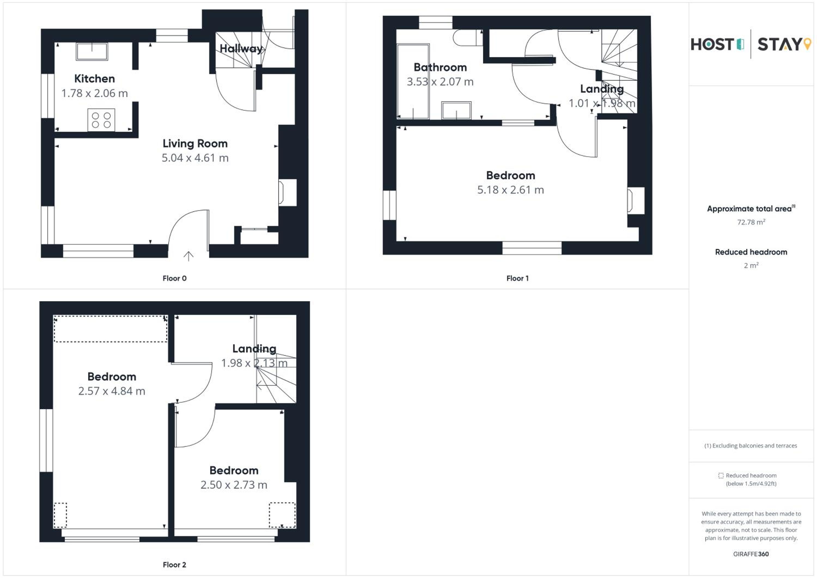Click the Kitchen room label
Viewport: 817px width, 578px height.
(x=94, y=79)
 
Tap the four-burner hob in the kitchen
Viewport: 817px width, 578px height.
(x=101, y=120)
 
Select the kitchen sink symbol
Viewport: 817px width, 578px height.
(x=92, y=51)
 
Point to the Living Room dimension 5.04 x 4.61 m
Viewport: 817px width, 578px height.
(x=195, y=158)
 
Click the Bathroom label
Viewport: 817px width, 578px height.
(x=440, y=67)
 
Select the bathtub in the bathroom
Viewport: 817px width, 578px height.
(x=413, y=81)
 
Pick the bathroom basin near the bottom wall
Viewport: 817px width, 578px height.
(x=456, y=110)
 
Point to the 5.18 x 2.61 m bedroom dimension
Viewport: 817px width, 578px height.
(x=511, y=190)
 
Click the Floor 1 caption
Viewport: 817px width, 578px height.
(x=517, y=278)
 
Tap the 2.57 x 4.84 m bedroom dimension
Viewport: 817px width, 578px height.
(x=112, y=391)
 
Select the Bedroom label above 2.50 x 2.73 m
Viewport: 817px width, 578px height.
(x=234, y=470)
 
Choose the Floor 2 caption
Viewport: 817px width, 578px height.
(x=174, y=565)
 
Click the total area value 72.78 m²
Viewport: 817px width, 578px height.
(x=751, y=222)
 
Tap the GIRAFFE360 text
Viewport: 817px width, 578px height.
(x=751, y=554)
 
